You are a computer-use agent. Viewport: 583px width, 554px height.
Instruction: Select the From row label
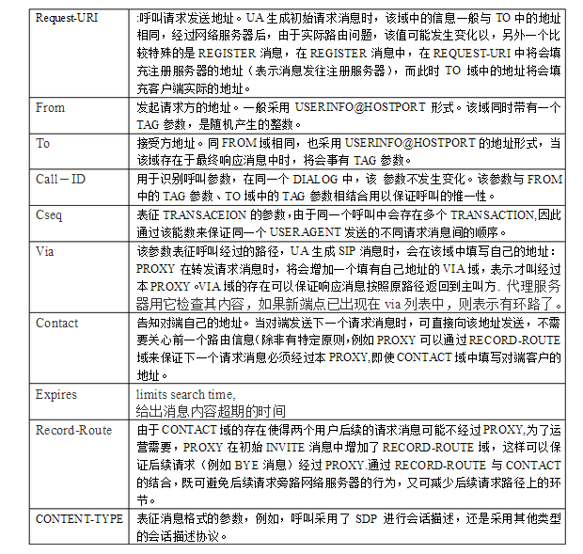tap(51, 108)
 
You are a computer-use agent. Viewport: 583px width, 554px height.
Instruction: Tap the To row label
tap(43, 144)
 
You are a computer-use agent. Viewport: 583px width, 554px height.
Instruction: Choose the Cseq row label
tap(49, 215)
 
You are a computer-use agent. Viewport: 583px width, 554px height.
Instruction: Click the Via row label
tap(44, 251)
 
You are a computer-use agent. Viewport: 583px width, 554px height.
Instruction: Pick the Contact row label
tap(57, 323)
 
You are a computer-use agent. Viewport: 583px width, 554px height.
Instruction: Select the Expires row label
tap(56, 394)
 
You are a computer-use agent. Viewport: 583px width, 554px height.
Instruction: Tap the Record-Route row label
tap(72, 430)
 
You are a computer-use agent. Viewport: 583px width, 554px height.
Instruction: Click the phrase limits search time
tap(185, 394)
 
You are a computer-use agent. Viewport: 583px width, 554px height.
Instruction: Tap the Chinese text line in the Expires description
tap(210, 411)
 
